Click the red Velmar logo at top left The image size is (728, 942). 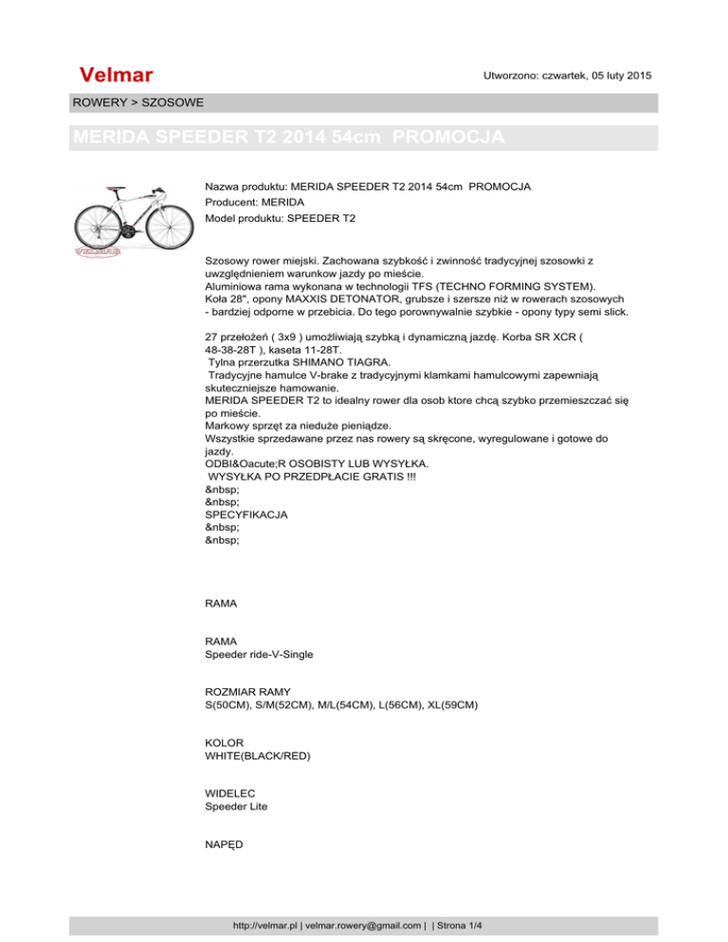click(x=118, y=75)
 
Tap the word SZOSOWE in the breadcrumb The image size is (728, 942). click(x=169, y=101)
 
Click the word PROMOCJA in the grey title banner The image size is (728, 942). click(x=448, y=137)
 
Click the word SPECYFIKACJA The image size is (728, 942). click(x=246, y=515)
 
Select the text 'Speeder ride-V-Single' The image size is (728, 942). click(x=259, y=654)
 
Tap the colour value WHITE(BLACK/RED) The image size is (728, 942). click(x=257, y=758)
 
